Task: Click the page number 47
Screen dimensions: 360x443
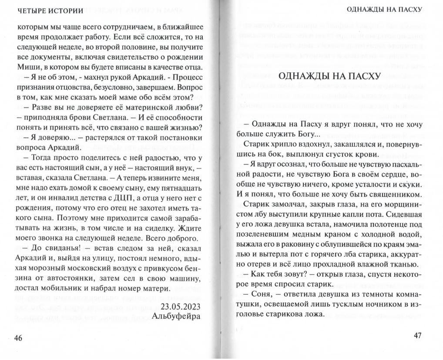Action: [x=418, y=336]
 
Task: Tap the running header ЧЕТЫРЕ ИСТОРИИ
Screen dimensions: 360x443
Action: [x=46, y=11]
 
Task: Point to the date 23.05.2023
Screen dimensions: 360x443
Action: [x=181, y=305]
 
